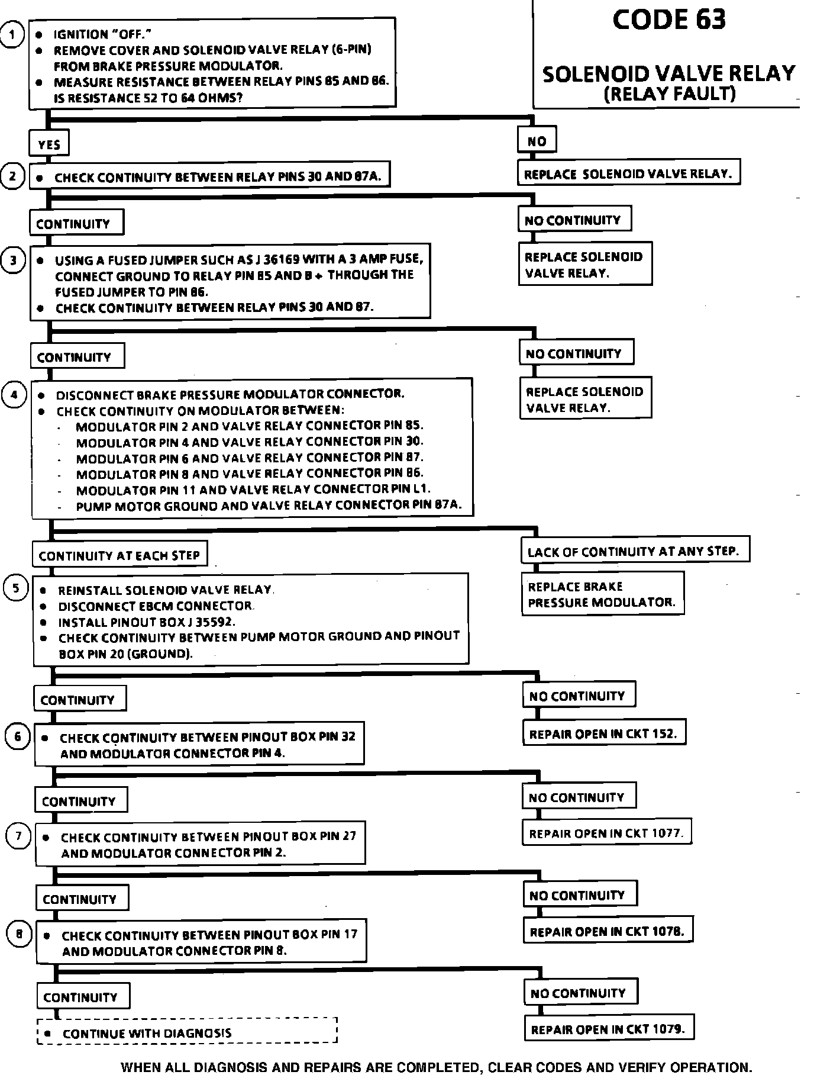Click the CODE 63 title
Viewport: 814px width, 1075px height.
point(668,20)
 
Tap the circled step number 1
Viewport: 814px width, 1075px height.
point(11,34)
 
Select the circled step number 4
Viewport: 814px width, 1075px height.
point(14,394)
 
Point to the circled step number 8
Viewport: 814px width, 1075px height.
point(19,935)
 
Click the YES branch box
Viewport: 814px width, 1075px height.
point(49,144)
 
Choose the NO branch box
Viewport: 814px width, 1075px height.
point(537,141)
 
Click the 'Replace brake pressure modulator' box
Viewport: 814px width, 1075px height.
point(602,594)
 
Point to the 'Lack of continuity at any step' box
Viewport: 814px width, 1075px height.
point(634,552)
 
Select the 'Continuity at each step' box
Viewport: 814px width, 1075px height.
point(119,555)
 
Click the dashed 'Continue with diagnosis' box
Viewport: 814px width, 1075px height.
point(187,1034)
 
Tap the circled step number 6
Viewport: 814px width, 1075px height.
point(17,736)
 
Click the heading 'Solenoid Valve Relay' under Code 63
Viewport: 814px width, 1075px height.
point(668,74)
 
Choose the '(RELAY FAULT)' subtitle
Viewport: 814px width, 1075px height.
point(669,94)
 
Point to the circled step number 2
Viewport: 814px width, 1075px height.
point(12,176)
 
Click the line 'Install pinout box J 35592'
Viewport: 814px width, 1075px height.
point(146,622)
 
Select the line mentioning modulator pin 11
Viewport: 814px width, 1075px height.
point(253,490)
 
